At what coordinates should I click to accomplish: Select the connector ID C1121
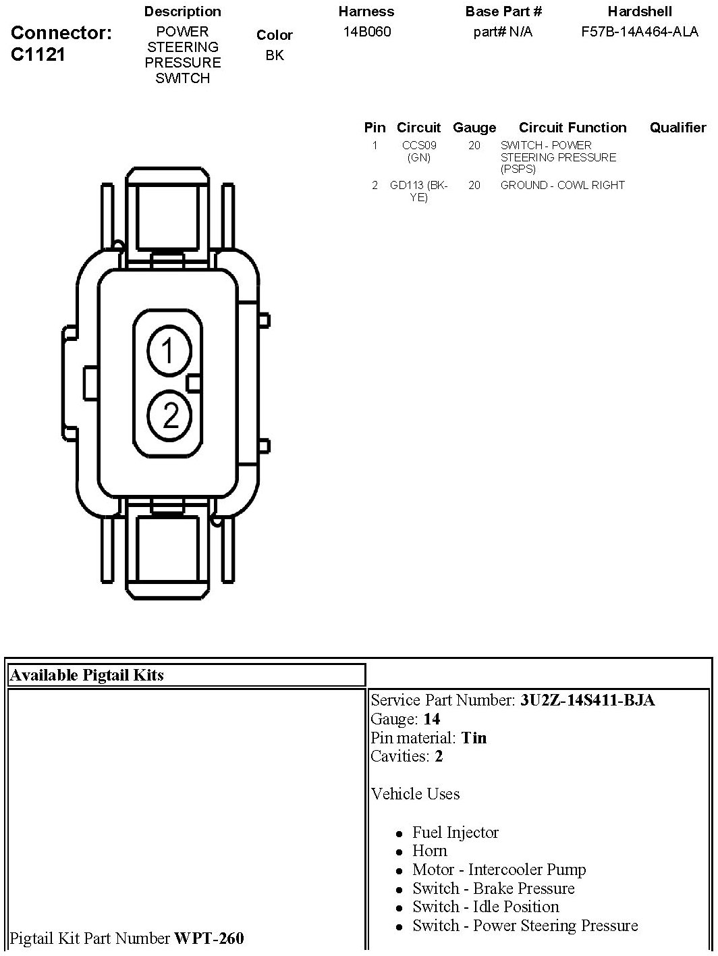(38, 55)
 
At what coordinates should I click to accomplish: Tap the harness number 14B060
(367, 31)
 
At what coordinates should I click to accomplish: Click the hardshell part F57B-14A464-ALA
(640, 31)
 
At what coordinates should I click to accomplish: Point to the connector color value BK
(275, 55)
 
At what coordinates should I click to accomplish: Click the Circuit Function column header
(573, 127)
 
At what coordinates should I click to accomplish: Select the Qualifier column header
(678, 127)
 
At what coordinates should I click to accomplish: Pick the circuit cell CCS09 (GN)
(419, 151)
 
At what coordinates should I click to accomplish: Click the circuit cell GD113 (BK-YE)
(418, 191)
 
